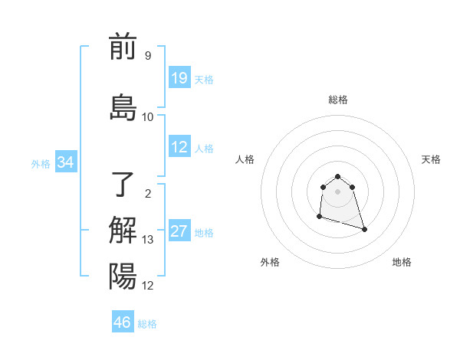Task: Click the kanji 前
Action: pos(123,47)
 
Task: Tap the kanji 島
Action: pos(123,107)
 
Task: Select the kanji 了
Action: pos(123,184)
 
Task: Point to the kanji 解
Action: pos(123,231)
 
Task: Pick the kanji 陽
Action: pos(123,277)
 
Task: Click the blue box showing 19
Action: pos(179,78)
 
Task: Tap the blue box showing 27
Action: pos(179,231)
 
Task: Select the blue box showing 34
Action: pos(65,162)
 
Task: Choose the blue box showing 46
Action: pos(123,322)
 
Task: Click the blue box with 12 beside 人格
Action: pos(179,147)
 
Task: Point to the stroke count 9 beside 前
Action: pos(148,56)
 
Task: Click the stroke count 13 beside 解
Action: pos(148,240)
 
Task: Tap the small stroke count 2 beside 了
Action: pos(148,193)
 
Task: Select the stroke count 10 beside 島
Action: pos(148,117)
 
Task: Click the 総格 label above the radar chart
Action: pos(338,100)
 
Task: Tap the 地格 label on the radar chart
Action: pos(402,262)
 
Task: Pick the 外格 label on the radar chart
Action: pos(270,262)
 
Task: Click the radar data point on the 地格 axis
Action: pos(364,229)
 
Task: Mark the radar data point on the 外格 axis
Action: pos(318,217)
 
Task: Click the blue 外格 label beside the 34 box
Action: pos(40,163)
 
